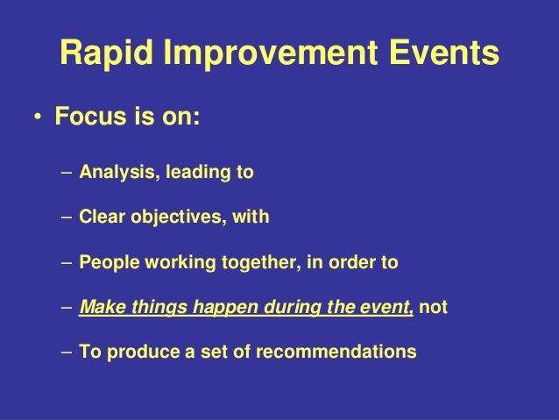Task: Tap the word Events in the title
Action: (444, 55)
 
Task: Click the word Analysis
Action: (113, 173)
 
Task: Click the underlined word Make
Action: (98, 309)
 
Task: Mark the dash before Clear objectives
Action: (67, 218)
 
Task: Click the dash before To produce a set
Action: (67, 354)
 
